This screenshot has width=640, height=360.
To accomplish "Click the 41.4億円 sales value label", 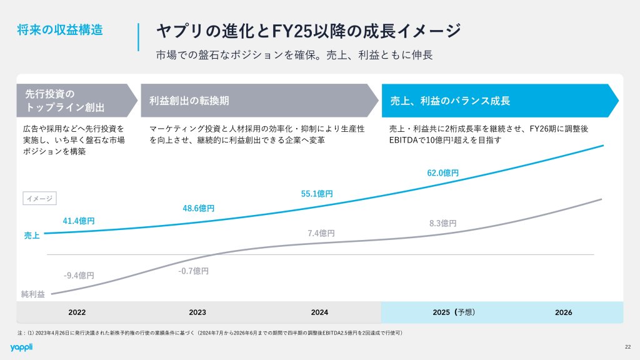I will [x=79, y=221].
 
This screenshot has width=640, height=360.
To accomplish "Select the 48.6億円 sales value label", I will [x=199, y=207].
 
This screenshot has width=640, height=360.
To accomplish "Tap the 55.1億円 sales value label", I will [x=317, y=194].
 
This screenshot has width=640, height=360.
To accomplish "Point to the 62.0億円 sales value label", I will [x=443, y=172].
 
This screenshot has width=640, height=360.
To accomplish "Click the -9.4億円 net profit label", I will [x=79, y=275].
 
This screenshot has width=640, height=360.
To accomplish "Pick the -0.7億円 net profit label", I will [x=193, y=271].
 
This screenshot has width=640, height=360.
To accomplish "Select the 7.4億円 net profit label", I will [x=321, y=233].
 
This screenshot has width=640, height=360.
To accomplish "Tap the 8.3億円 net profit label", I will [x=443, y=223].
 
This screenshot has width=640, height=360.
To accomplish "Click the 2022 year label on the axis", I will [x=77, y=312].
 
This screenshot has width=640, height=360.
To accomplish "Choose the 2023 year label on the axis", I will [x=197, y=312].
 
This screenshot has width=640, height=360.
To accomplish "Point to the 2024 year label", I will [x=319, y=312].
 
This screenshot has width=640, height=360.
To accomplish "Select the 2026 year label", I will [x=563, y=312].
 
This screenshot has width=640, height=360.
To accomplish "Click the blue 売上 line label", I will [x=32, y=236].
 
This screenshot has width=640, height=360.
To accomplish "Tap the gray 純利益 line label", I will [x=33, y=294].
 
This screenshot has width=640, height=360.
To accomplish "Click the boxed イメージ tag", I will [x=40, y=199].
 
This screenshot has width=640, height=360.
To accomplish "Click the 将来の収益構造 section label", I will [x=60, y=29].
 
